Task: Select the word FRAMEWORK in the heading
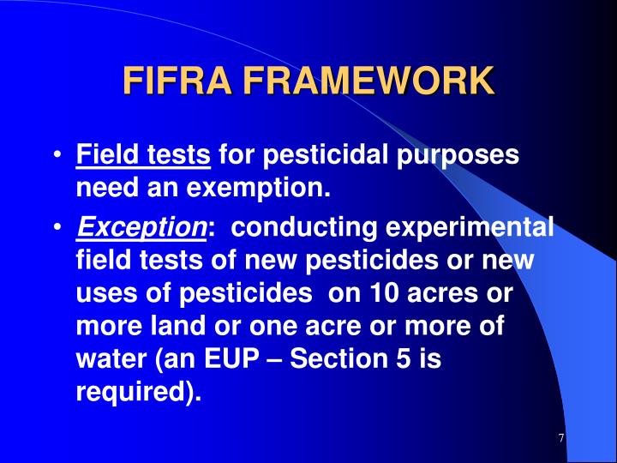[368, 81]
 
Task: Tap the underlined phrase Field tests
[143, 156]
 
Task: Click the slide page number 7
[560, 439]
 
